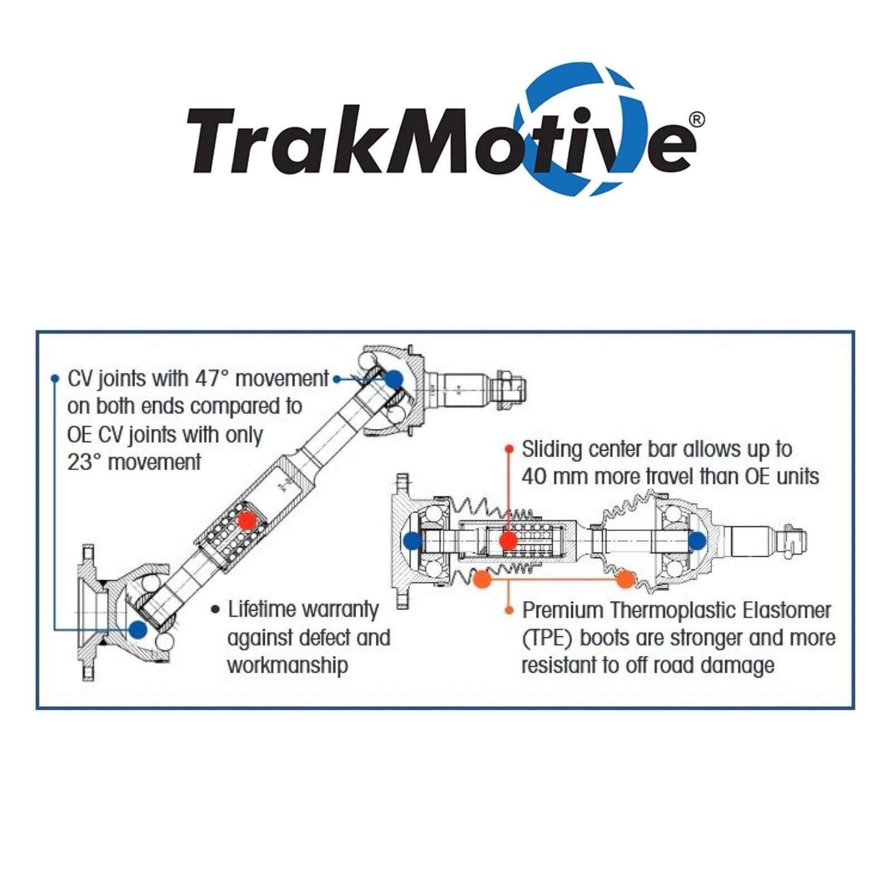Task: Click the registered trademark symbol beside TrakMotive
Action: (697, 119)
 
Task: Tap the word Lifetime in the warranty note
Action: (262, 609)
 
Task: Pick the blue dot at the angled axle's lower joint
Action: (137, 629)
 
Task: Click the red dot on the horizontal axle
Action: (507, 540)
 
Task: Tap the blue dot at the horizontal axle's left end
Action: (412, 540)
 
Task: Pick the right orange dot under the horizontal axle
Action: (625, 580)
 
